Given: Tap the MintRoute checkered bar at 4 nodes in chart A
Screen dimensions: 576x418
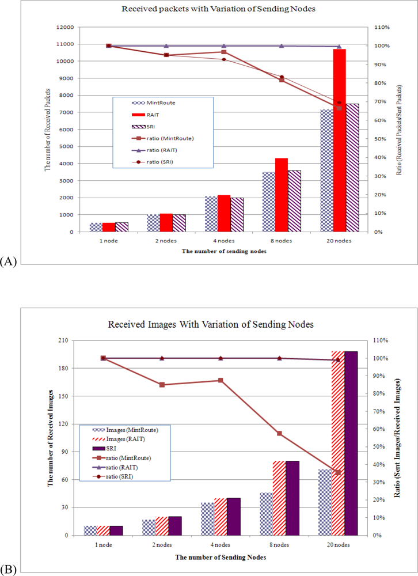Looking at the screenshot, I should pos(210,214).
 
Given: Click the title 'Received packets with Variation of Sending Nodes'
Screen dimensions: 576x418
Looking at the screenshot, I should pos(209,9).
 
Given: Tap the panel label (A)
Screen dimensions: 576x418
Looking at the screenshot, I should pos(9,261).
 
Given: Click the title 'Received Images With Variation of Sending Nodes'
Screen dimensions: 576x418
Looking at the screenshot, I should pos(211,325).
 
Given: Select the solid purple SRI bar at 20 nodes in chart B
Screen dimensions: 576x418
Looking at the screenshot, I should pos(351,443).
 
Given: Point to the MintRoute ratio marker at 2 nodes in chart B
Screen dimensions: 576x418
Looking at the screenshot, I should pos(162,385).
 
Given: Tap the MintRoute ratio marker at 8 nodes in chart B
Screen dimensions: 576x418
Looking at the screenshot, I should pos(279,433).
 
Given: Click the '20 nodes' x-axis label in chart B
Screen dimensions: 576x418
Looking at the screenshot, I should pos(338,545).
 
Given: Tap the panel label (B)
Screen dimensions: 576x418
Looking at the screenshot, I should pos(9,570).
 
